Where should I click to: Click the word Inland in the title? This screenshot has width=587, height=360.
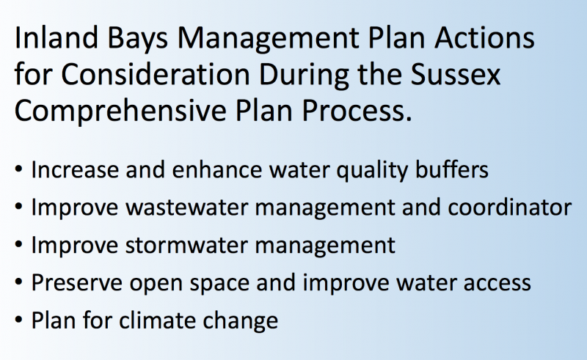tap(56, 38)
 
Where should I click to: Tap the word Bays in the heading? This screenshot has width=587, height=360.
tap(137, 40)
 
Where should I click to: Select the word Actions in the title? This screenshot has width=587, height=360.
tap(484, 38)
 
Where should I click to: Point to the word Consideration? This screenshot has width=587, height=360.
tap(156, 74)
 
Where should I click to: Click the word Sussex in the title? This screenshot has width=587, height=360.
tap(456, 74)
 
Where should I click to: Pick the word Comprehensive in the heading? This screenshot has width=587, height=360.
tap(120, 111)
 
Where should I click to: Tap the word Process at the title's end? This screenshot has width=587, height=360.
tap(357, 111)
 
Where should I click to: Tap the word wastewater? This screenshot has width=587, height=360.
tap(186, 207)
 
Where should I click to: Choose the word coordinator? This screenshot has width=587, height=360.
tap(509, 207)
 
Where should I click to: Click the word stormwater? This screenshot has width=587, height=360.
tap(186, 246)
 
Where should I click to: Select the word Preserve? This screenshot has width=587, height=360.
tap(77, 282)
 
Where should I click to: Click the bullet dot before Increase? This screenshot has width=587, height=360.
tap(19, 169)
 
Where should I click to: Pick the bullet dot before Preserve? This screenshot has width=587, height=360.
tap(19, 282)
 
